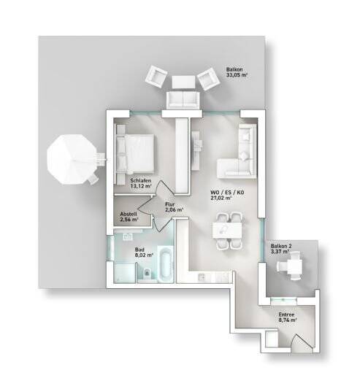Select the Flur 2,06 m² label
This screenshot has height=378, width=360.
coord(173,207)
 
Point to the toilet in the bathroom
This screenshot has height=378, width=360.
coord(147,275)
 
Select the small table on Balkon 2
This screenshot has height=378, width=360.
coord(292,269)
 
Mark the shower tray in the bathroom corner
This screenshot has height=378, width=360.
coord(120,276)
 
